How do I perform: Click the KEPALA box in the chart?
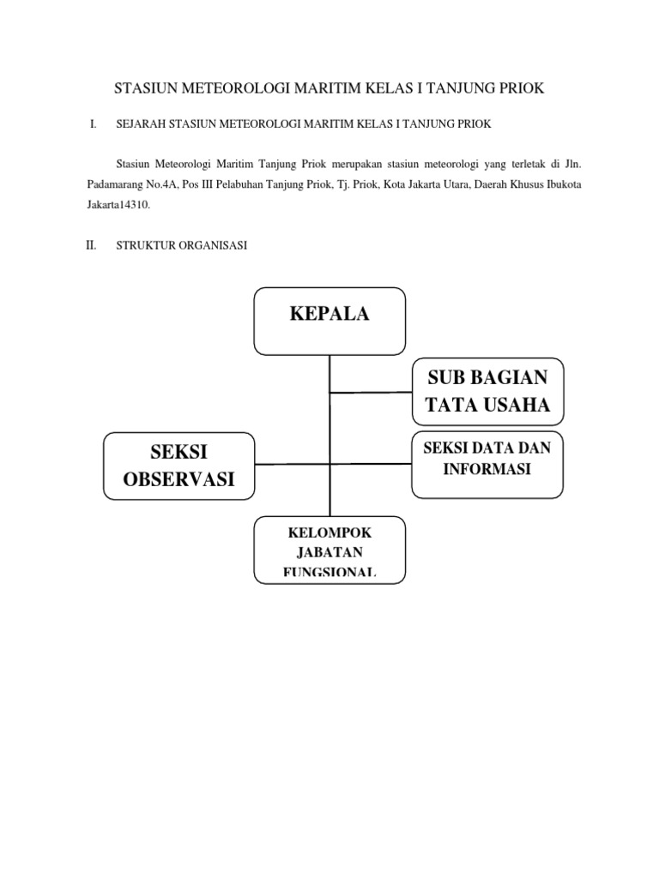(x=329, y=314)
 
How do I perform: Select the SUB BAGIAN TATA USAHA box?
(x=487, y=391)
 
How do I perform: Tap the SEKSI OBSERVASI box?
(x=179, y=466)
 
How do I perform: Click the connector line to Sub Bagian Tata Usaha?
(x=371, y=393)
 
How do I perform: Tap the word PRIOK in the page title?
(x=519, y=89)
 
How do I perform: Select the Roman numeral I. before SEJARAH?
(x=92, y=125)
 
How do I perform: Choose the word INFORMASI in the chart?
(x=487, y=469)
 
